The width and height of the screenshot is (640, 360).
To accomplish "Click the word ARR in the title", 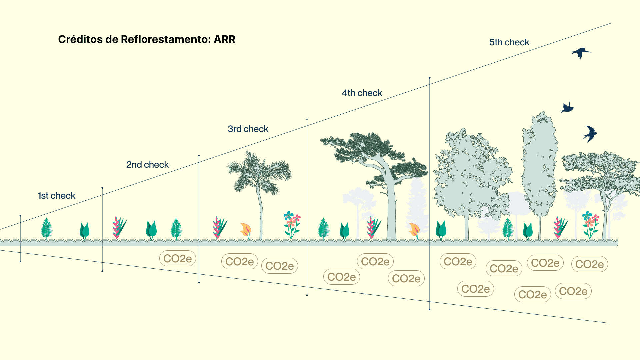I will tap(224, 39).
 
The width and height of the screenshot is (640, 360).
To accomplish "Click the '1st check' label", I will tap(56, 196).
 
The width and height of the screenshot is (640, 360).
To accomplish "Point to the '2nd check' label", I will tap(147, 165).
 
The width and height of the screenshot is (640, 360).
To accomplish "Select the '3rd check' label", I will tap(248, 129).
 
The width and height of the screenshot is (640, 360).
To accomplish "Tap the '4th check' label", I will tap(362, 93).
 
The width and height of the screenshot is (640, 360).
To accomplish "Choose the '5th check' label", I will tap(509, 42).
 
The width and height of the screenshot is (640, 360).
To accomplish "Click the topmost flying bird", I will tap(581, 53).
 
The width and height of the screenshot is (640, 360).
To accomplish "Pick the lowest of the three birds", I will tap(590, 134).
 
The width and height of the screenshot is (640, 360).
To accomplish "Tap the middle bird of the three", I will tap(567, 107).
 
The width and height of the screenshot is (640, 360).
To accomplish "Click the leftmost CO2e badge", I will tap(177, 259).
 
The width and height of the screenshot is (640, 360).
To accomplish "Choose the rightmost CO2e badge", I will tap(589, 264).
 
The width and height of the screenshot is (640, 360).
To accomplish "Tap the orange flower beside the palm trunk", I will tap(246, 229).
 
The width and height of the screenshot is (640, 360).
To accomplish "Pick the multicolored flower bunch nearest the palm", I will tap(292, 223).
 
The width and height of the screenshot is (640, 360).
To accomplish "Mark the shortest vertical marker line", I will tap(20, 238).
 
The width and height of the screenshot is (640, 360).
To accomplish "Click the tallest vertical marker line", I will tap(430, 193).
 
